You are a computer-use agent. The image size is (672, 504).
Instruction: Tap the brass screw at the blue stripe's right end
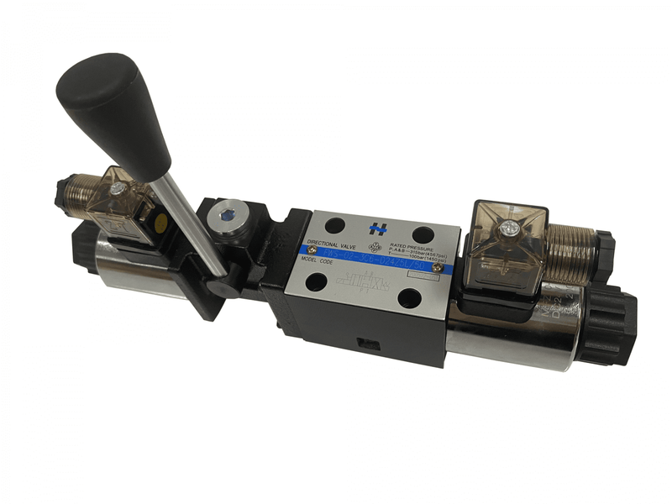point(438,266)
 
